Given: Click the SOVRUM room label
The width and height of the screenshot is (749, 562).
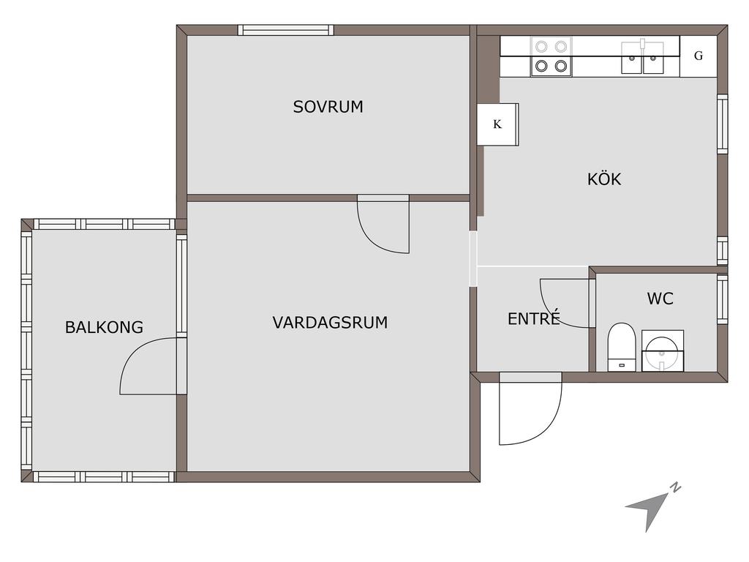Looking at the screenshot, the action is point(328,107).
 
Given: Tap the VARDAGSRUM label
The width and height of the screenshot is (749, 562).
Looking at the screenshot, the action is point(330,323).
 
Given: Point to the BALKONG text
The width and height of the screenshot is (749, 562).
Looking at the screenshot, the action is point(104,327).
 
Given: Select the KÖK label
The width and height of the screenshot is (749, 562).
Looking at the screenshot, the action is point(604,179).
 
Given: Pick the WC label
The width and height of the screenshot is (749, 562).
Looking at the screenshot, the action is point(660,299).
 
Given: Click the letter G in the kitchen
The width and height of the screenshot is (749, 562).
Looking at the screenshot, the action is point(699,56).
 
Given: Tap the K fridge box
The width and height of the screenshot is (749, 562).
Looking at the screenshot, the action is point(497,124).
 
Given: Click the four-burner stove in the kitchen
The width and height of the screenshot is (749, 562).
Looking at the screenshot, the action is point(552,56).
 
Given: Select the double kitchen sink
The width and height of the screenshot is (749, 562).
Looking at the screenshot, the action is point(642,58).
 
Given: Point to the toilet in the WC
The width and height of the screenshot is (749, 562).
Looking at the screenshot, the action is point(622,347).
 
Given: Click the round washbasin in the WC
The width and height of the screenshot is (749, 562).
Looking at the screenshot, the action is point(663,351).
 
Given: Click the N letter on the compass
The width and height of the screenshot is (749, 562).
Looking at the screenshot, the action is point(675,488).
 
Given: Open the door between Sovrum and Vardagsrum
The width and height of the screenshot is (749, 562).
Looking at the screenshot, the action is point(383,224).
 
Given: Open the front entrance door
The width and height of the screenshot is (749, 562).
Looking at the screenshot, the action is point(531,409).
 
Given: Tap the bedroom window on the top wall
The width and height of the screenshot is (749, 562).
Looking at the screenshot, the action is point(286,30).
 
